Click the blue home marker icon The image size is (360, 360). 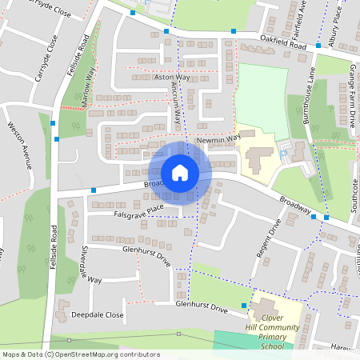pos(180,173)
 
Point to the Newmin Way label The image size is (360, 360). pos(218,139)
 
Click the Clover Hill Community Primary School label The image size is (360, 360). pos(279,324)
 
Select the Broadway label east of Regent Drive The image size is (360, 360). pos(295,206)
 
